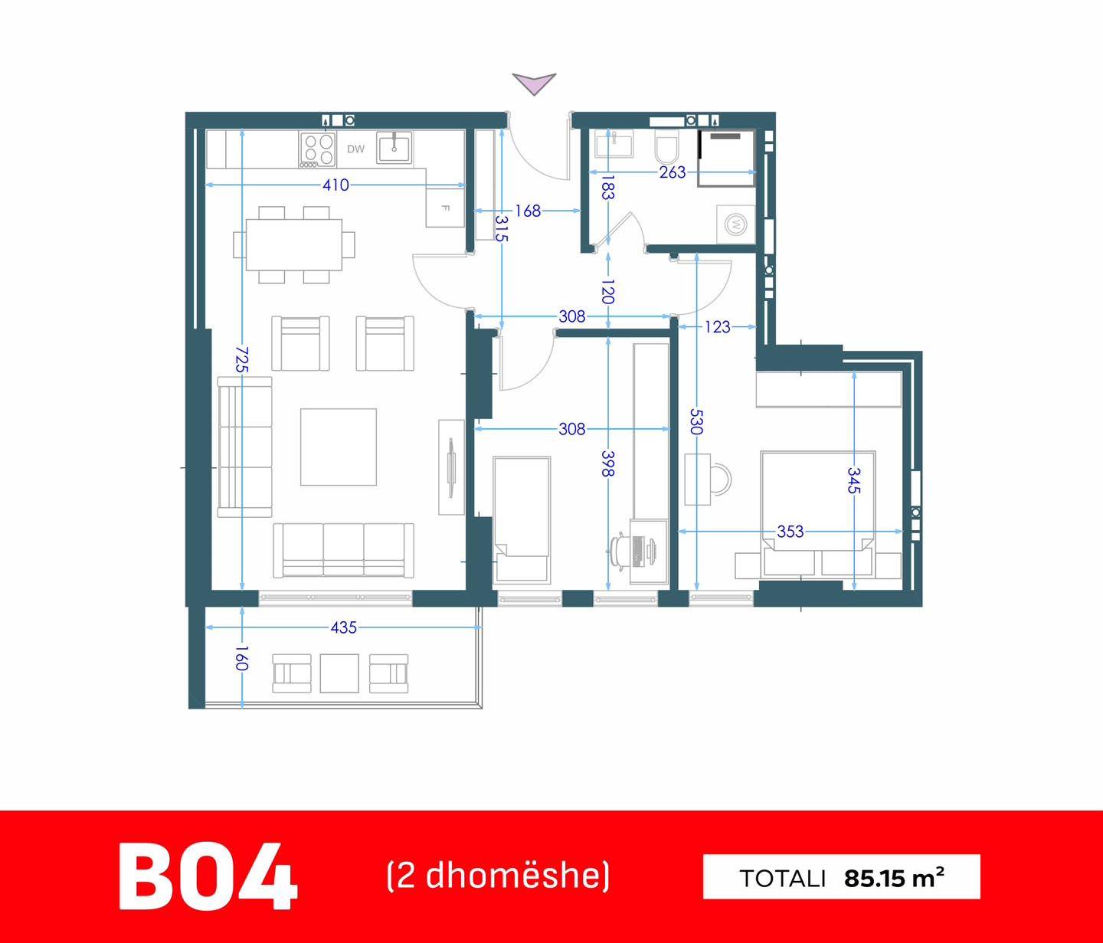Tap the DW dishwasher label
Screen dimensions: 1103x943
pos(355,149)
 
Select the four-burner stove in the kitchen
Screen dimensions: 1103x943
pos(318,149)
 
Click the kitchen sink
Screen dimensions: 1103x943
pos(394,147)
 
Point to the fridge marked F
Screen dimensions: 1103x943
pos(445,208)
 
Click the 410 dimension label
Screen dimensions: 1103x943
pos(335,185)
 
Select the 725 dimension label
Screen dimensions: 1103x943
pos(242,359)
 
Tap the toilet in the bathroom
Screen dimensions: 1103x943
pos(666,146)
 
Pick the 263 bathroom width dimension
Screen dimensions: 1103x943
pos(673,172)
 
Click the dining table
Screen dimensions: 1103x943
pos(294,244)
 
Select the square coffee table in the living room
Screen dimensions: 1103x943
pos(339,447)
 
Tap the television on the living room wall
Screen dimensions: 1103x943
pos(451,467)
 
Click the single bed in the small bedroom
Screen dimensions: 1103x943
pos(522,519)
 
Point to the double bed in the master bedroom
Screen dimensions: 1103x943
pos(818,514)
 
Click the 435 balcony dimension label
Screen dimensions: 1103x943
pos(343,627)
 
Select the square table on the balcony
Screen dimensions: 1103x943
pos(339,673)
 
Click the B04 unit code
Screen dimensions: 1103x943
pos(208,877)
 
